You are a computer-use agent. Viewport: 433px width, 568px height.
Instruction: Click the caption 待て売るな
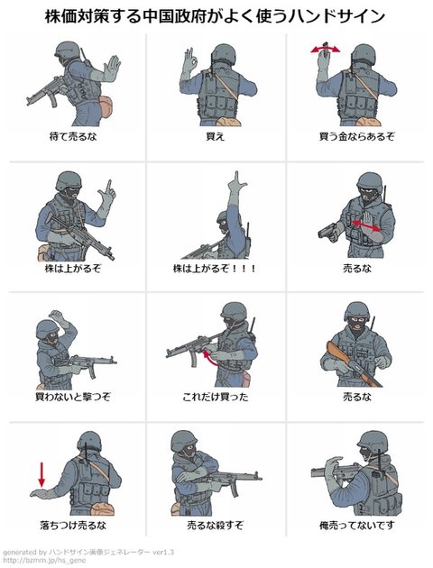tap(73, 136)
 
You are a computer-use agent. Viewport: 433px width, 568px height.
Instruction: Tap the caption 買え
tap(216, 136)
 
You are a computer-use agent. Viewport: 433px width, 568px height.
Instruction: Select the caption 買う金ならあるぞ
tap(356, 136)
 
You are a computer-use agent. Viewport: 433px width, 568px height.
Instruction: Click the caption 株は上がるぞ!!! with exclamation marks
tap(215, 269)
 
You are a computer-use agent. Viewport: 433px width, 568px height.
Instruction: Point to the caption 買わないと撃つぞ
tap(73, 397)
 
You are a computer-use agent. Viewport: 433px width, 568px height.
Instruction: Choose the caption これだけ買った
tap(216, 397)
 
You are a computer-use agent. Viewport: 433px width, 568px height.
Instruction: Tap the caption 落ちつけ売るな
tap(73, 525)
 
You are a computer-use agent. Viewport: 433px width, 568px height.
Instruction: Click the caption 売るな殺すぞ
tap(216, 525)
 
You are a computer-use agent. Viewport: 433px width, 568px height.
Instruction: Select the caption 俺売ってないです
tap(356, 525)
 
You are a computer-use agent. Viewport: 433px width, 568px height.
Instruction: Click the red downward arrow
tap(41, 474)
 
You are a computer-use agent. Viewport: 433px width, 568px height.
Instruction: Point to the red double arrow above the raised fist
tap(326, 49)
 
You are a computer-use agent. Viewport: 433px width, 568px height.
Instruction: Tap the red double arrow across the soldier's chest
tap(366, 225)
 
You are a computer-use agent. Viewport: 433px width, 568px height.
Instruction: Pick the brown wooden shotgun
tap(353, 363)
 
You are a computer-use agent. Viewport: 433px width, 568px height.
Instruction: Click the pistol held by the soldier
tap(329, 231)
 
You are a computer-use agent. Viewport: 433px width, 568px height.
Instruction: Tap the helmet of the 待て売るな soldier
tap(67, 49)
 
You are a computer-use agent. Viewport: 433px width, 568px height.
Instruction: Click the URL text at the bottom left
tap(44, 561)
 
